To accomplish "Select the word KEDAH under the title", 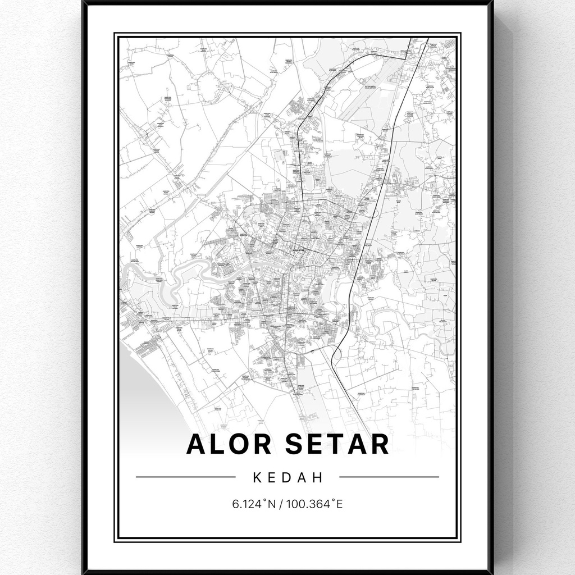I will (x=288, y=478).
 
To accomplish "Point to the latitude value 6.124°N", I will (x=253, y=504).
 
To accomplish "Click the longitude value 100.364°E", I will (x=314, y=504).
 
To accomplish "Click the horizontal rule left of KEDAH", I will (x=185, y=477).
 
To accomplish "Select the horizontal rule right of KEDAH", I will (x=389, y=477).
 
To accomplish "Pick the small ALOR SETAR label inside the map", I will (x=298, y=250).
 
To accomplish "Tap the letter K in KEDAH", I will (x=257, y=478).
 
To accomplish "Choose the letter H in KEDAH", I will (x=320, y=478).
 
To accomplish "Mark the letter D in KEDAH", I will (x=288, y=478).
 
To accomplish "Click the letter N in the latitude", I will (x=272, y=504).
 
